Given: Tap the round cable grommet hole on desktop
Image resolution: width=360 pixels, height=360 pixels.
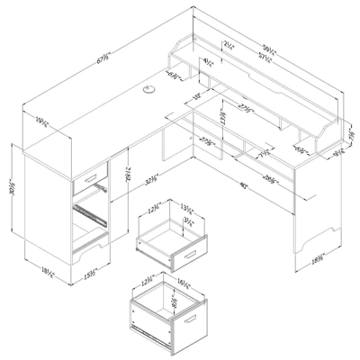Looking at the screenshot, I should click(148, 88).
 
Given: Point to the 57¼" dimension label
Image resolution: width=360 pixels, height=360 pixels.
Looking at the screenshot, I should click(267, 56).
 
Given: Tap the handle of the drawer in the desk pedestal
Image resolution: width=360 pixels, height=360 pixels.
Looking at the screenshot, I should click(92, 172).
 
